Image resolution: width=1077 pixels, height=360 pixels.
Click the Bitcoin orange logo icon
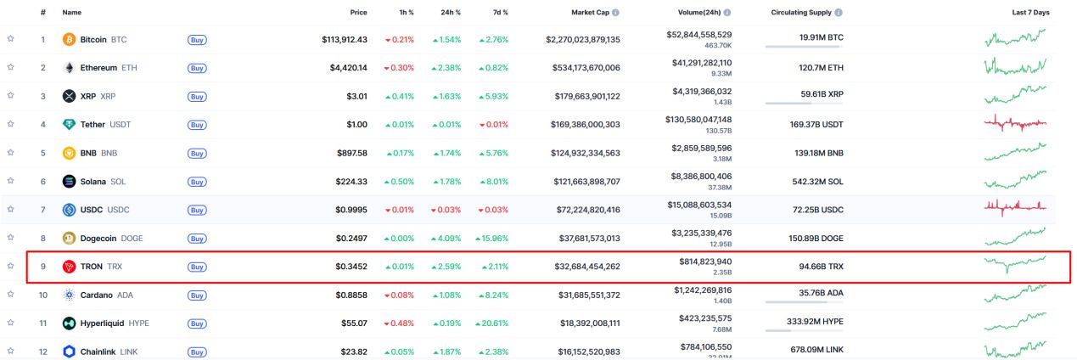pos(70,40)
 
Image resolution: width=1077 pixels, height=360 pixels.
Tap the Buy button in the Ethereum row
pos(196,68)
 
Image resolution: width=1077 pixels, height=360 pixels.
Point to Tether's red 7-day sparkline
pos(1015,124)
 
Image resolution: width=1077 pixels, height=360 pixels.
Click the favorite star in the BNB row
pos(11,153)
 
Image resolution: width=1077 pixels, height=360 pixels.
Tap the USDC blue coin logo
pos(70,210)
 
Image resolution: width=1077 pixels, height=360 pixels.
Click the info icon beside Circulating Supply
pos(839,13)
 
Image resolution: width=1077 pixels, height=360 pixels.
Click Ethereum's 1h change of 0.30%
pos(400,68)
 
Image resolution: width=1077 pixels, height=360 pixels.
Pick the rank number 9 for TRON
pos(42,267)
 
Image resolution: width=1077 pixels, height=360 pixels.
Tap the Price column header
pos(359,13)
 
